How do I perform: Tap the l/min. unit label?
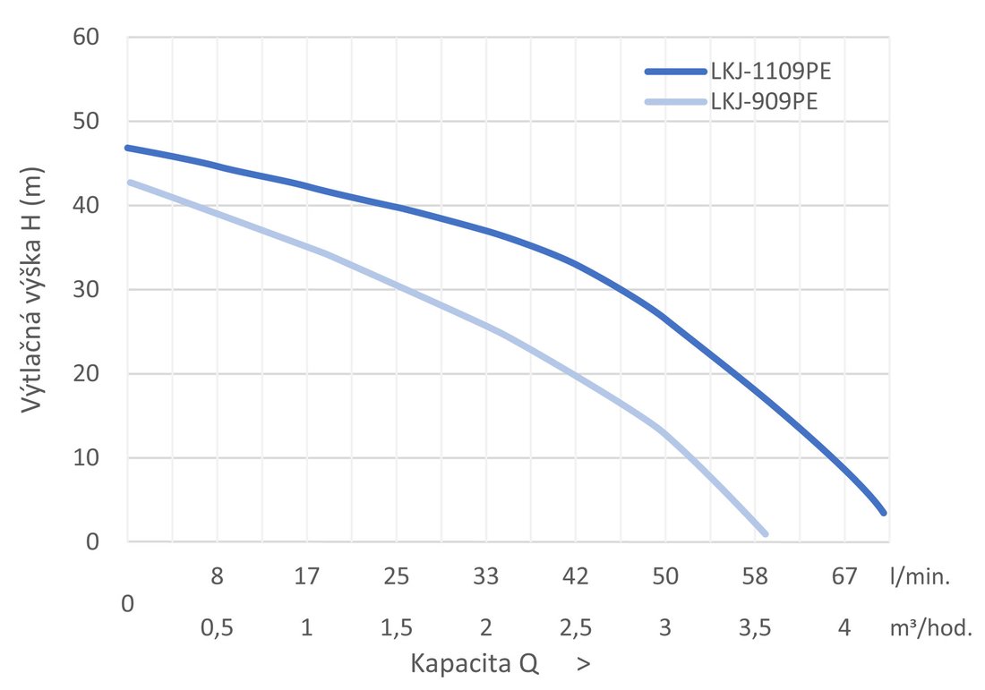[920, 577]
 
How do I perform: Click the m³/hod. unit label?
[929, 628]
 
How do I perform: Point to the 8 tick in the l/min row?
[217, 577]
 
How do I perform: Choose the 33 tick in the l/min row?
[485, 577]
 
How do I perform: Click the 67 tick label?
[844, 577]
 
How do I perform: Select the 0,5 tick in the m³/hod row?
[217, 628]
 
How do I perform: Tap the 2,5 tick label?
[575, 628]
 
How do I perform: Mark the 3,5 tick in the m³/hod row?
[755, 628]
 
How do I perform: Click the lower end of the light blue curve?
[765, 533]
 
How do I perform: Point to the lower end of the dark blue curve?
[884, 512]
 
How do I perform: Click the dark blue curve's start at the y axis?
[129, 148]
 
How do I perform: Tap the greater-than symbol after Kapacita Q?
[584, 665]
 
